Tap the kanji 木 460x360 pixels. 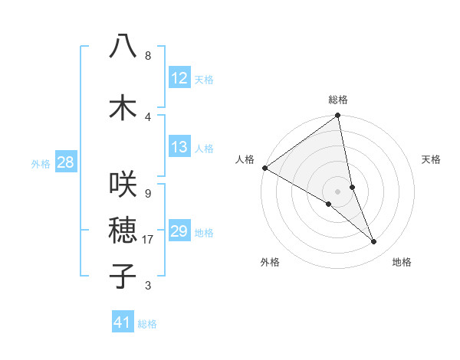(x=123, y=108)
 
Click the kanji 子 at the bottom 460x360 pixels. (x=123, y=276)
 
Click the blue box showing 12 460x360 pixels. (x=179, y=78)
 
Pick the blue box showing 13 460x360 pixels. (x=179, y=147)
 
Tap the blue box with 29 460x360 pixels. (x=179, y=231)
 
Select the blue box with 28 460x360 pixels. (x=65, y=162)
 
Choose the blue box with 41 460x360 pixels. (x=123, y=322)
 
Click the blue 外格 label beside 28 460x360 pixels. (x=41, y=163)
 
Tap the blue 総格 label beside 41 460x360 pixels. (x=147, y=324)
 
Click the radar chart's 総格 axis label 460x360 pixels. (x=338, y=100)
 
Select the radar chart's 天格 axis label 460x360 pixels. (x=431, y=159)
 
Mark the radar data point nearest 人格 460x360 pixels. (x=264, y=168)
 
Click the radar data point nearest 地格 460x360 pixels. (x=374, y=242)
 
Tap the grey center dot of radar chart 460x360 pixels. (x=338, y=191)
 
